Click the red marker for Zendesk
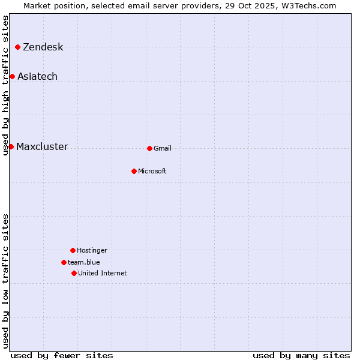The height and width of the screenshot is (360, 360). coord(18,47)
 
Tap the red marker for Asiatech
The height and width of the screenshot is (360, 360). coord(12,76)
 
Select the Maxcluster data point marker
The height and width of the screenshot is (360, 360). coord(11,146)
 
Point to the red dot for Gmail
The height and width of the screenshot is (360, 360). coord(149,148)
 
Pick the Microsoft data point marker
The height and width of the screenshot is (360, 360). coord(134,171)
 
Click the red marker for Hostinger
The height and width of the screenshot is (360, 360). coord(73,250)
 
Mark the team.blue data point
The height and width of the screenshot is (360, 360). coord(64,262)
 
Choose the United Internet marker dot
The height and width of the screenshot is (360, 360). coord(74,273)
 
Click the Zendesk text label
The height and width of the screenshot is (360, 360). coord(43,47)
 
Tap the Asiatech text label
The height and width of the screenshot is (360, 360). coord(37,77)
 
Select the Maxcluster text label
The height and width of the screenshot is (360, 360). coord(42,147)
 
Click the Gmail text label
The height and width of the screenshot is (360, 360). coord(163,149)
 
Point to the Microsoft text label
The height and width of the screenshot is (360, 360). coord(152,172)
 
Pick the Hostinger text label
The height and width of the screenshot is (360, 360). coord(92,251)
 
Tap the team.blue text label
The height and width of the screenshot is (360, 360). coord(84,263)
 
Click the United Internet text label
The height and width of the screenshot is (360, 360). coord(103,274)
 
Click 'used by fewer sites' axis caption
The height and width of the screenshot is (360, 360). coord(62,355)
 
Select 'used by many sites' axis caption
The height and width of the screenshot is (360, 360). coord(301,355)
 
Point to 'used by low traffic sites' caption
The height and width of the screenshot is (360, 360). coord(6,281)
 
